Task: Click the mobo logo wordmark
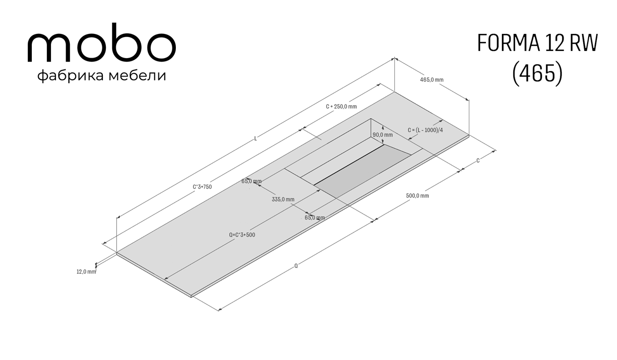point(102,43)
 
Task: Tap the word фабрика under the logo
point(71,76)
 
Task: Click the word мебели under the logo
point(137,76)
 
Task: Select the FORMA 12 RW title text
point(537,43)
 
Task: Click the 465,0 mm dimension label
point(431,80)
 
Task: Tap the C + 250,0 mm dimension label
point(341,106)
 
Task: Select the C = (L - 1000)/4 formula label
point(425,130)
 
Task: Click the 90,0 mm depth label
point(383,135)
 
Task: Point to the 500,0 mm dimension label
point(418,196)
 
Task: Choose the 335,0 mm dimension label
point(283,200)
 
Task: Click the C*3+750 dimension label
point(202,187)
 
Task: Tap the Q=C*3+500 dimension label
point(242,235)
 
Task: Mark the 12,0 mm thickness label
point(86,272)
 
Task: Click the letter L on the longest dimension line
point(256,138)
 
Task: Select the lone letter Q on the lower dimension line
point(296,266)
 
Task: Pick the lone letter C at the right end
point(478,161)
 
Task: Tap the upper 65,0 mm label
point(251,181)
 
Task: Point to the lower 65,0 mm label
point(315,218)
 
